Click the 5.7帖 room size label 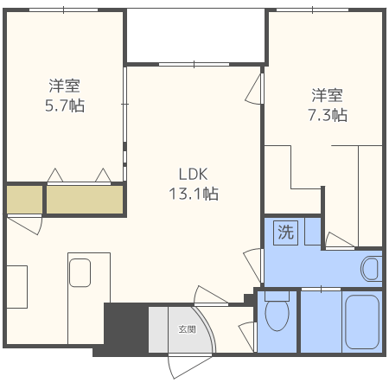pos(65,105)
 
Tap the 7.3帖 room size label pos(328,115)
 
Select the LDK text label pos(193,175)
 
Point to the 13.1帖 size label pos(194,194)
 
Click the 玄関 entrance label pos(188,329)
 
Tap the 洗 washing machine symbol pos(285,233)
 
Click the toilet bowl pos(277,315)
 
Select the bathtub pos(362,322)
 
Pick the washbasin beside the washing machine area pos(370,269)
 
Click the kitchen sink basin pos(80,272)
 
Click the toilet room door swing pos(248,336)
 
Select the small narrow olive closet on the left pos(24,200)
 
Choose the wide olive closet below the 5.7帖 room pos(85,200)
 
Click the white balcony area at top pos(195,35)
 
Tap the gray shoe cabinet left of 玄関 pos(158,329)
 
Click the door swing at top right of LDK pos(254,89)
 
